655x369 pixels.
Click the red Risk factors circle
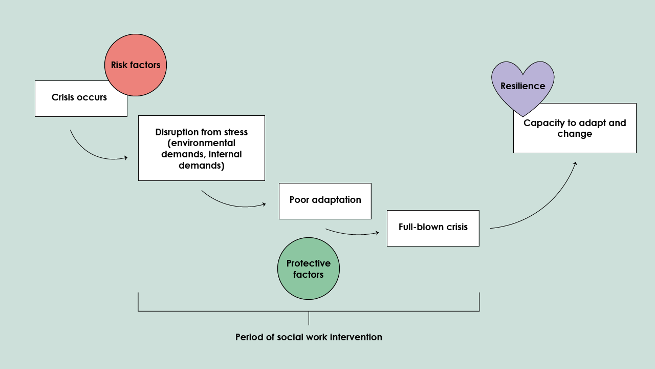click(136, 65)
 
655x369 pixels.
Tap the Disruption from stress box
click(201, 148)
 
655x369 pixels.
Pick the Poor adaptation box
click(325, 200)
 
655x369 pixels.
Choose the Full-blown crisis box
click(433, 228)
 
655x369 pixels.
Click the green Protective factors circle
click(309, 269)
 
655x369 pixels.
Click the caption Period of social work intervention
click(309, 337)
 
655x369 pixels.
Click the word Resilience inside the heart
click(522, 86)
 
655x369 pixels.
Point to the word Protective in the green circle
click(309, 263)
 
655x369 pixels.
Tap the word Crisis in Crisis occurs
click(63, 97)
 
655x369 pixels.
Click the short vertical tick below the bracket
click(309, 318)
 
